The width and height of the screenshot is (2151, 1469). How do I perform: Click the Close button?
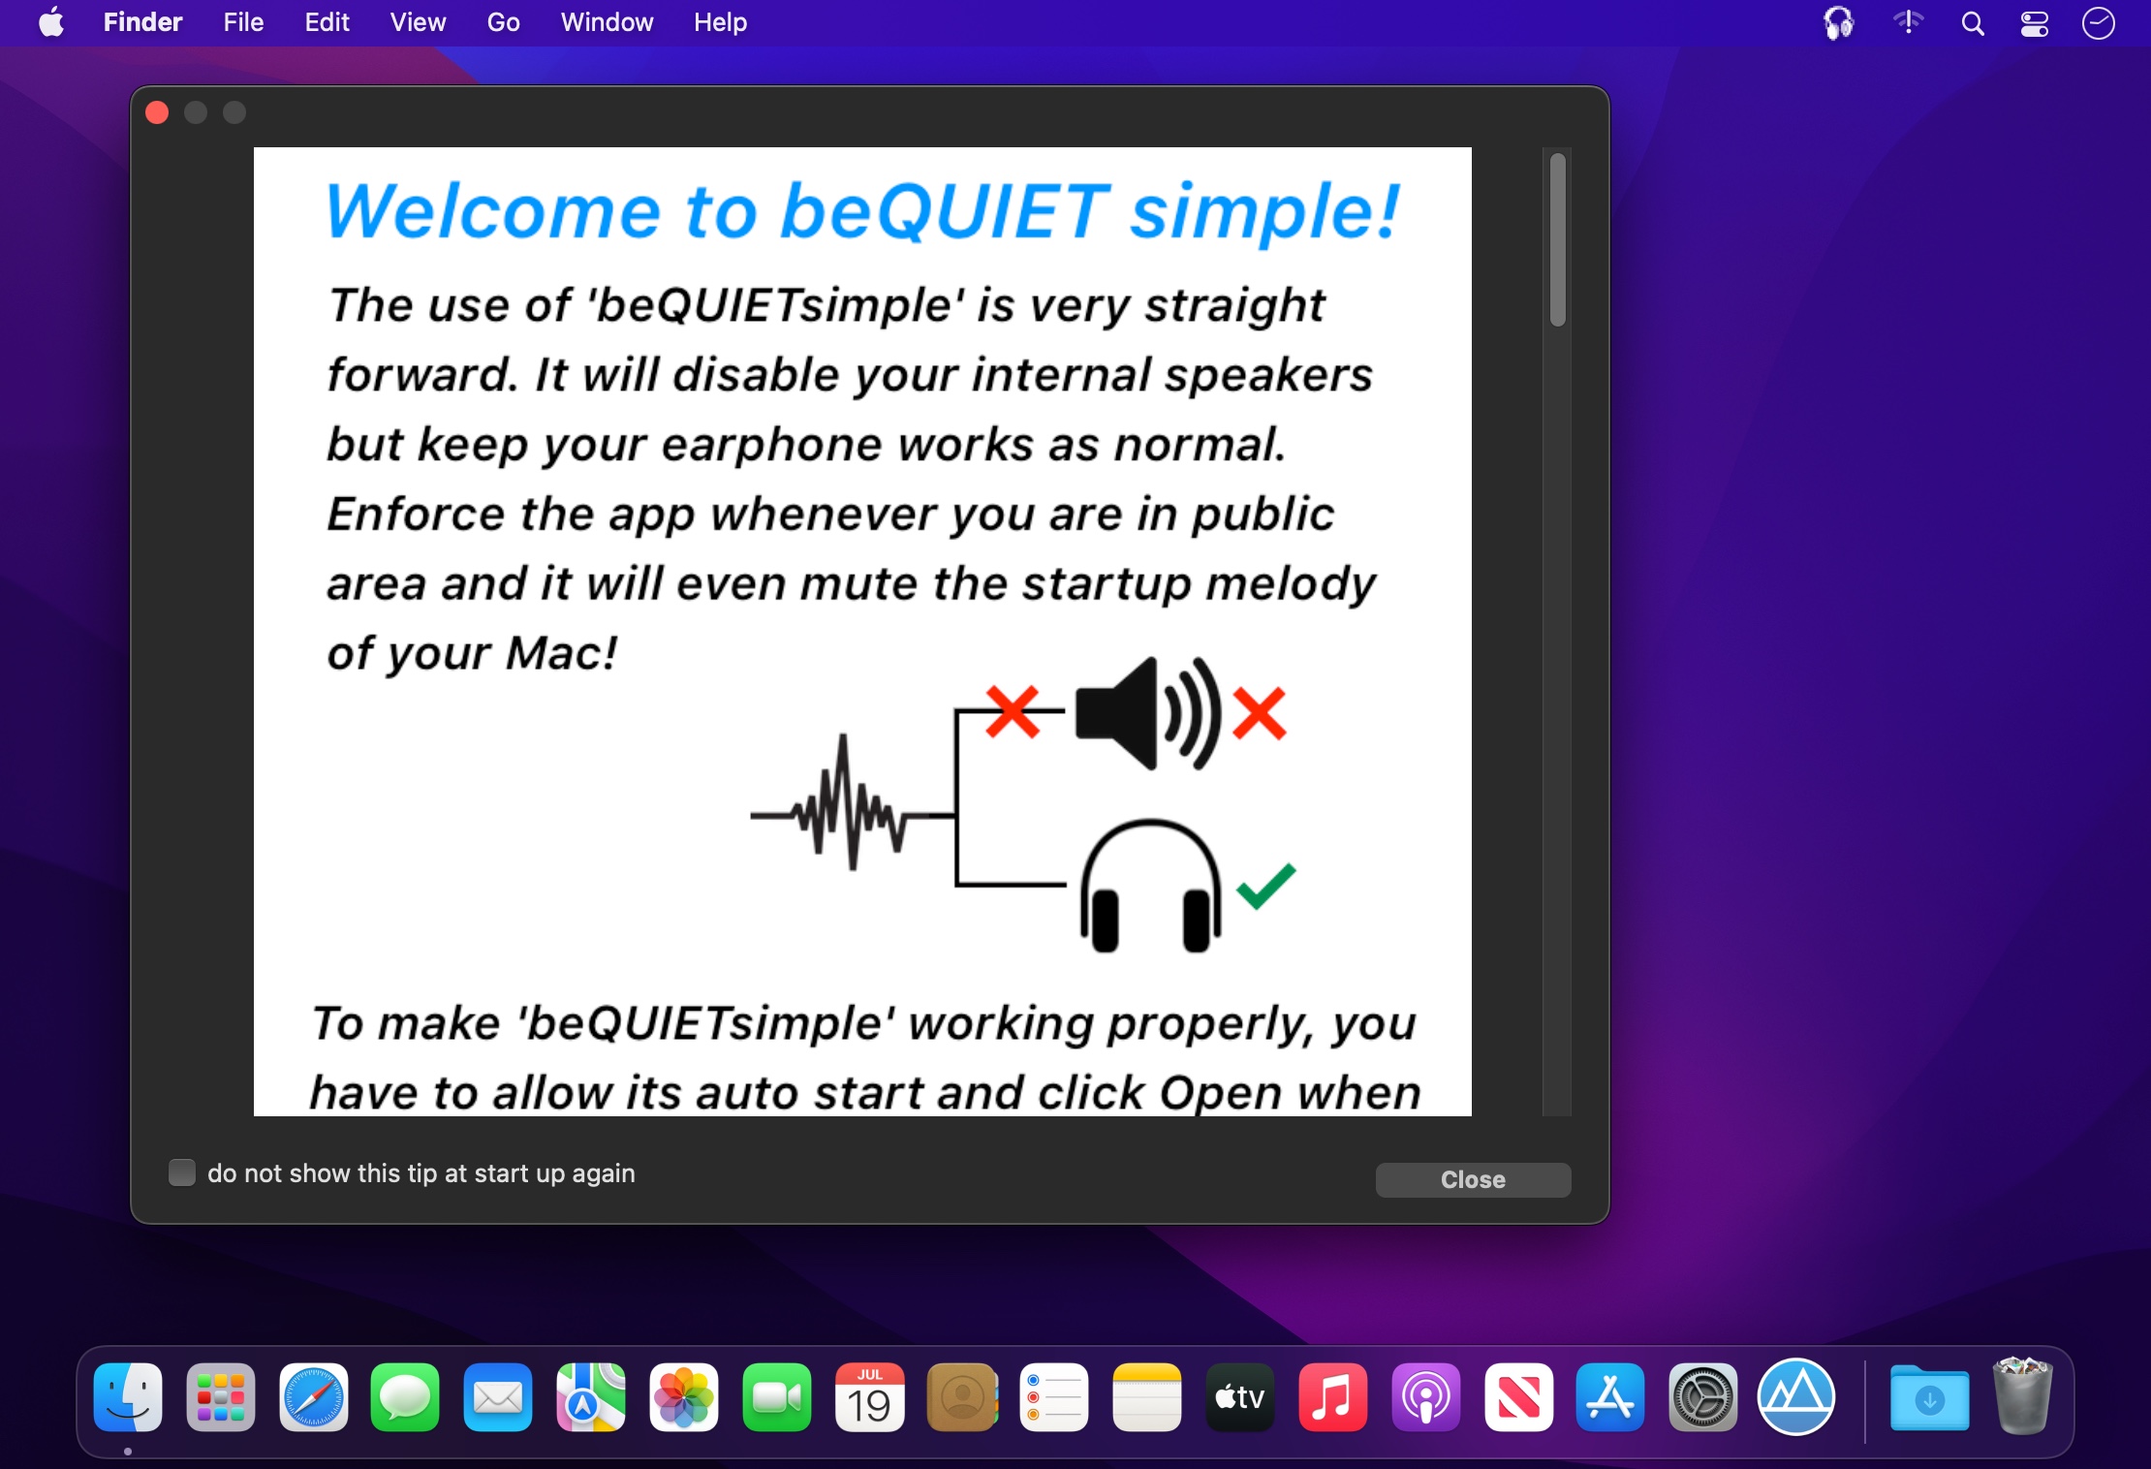(x=1473, y=1179)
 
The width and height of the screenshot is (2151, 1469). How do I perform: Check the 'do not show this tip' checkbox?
(x=182, y=1172)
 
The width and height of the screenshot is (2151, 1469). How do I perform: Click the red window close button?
(x=157, y=112)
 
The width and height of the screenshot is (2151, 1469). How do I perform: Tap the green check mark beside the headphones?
(x=1265, y=886)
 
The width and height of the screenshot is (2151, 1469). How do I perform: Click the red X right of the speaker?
(x=1259, y=713)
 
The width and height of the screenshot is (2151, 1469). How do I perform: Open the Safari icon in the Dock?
(x=313, y=1397)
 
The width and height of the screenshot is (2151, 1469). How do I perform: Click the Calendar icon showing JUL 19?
(x=869, y=1397)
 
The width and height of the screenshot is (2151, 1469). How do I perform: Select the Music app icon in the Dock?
(x=1332, y=1397)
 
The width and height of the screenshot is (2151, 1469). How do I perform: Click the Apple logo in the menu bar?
(x=51, y=21)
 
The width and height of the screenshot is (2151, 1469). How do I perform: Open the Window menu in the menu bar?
(x=607, y=22)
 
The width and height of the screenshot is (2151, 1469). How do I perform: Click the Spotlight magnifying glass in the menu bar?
(x=1973, y=23)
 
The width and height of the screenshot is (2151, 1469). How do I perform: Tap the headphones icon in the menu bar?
(x=1838, y=22)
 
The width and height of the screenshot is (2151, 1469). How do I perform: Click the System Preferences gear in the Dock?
(x=1703, y=1397)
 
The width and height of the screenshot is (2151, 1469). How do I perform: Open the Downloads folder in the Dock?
(x=1929, y=1397)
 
